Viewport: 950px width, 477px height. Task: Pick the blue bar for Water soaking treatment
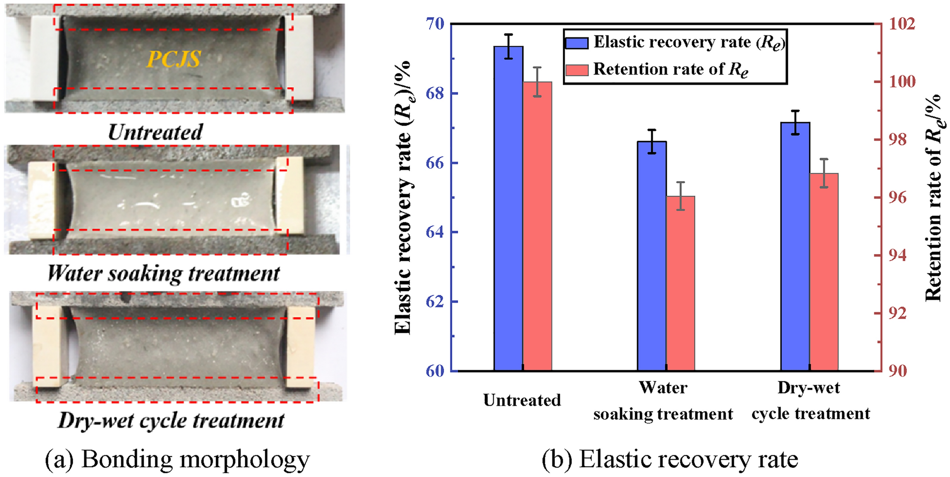[x=652, y=256]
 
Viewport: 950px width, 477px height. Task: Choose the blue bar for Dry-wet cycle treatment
[x=795, y=246]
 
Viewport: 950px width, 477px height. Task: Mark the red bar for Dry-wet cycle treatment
[x=824, y=272]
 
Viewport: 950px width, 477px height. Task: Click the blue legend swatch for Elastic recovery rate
[x=577, y=43]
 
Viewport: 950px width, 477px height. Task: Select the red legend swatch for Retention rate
[x=577, y=70]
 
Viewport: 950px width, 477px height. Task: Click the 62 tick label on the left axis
[x=435, y=302]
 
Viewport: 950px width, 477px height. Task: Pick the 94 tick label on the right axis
[x=897, y=255]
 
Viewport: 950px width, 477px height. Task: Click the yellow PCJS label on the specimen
[x=174, y=59]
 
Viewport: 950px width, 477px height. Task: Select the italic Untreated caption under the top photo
[x=155, y=132]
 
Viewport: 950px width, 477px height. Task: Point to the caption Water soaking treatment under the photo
[x=163, y=273]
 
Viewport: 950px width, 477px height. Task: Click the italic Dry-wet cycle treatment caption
[x=171, y=420]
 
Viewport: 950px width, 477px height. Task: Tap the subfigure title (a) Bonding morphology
[x=177, y=459]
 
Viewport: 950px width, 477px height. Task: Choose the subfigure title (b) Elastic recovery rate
[x=670, y=459]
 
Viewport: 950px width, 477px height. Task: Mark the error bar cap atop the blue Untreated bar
[x=508, y=35]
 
